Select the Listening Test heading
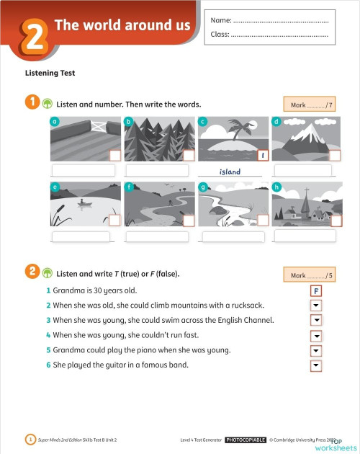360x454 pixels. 50,73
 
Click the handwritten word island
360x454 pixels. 230,172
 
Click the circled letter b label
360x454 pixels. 128,121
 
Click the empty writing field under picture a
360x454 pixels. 80,171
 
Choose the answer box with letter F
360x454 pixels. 315,290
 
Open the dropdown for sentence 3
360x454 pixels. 315,320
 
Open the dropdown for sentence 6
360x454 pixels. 315,365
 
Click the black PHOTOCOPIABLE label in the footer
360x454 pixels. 246,439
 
